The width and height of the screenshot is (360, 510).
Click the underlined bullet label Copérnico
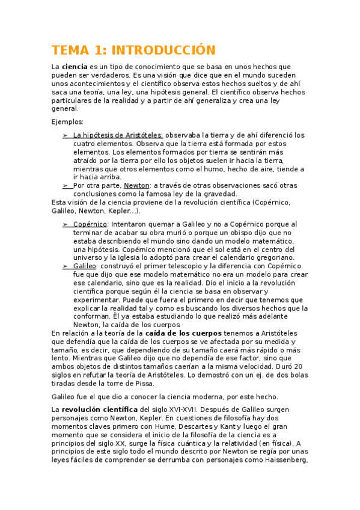pyautogui.click(x=90, y=224)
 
